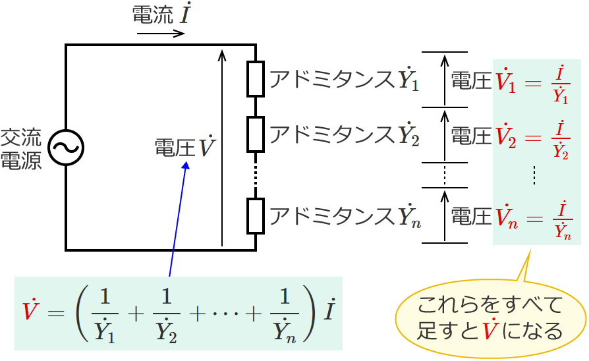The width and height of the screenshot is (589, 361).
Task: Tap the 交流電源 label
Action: tap(20, 149)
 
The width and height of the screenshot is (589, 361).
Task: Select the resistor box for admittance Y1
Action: tap(255, 79)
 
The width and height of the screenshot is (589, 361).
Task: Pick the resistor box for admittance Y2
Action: tap(255, 134)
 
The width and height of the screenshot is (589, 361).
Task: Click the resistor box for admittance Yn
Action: tap(255, 215)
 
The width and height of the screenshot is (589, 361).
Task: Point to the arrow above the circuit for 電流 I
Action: tap(161, 32)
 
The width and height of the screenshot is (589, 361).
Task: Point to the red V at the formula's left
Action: tap(29, 310)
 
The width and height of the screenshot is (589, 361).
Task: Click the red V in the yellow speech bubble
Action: tap(488, 329)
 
